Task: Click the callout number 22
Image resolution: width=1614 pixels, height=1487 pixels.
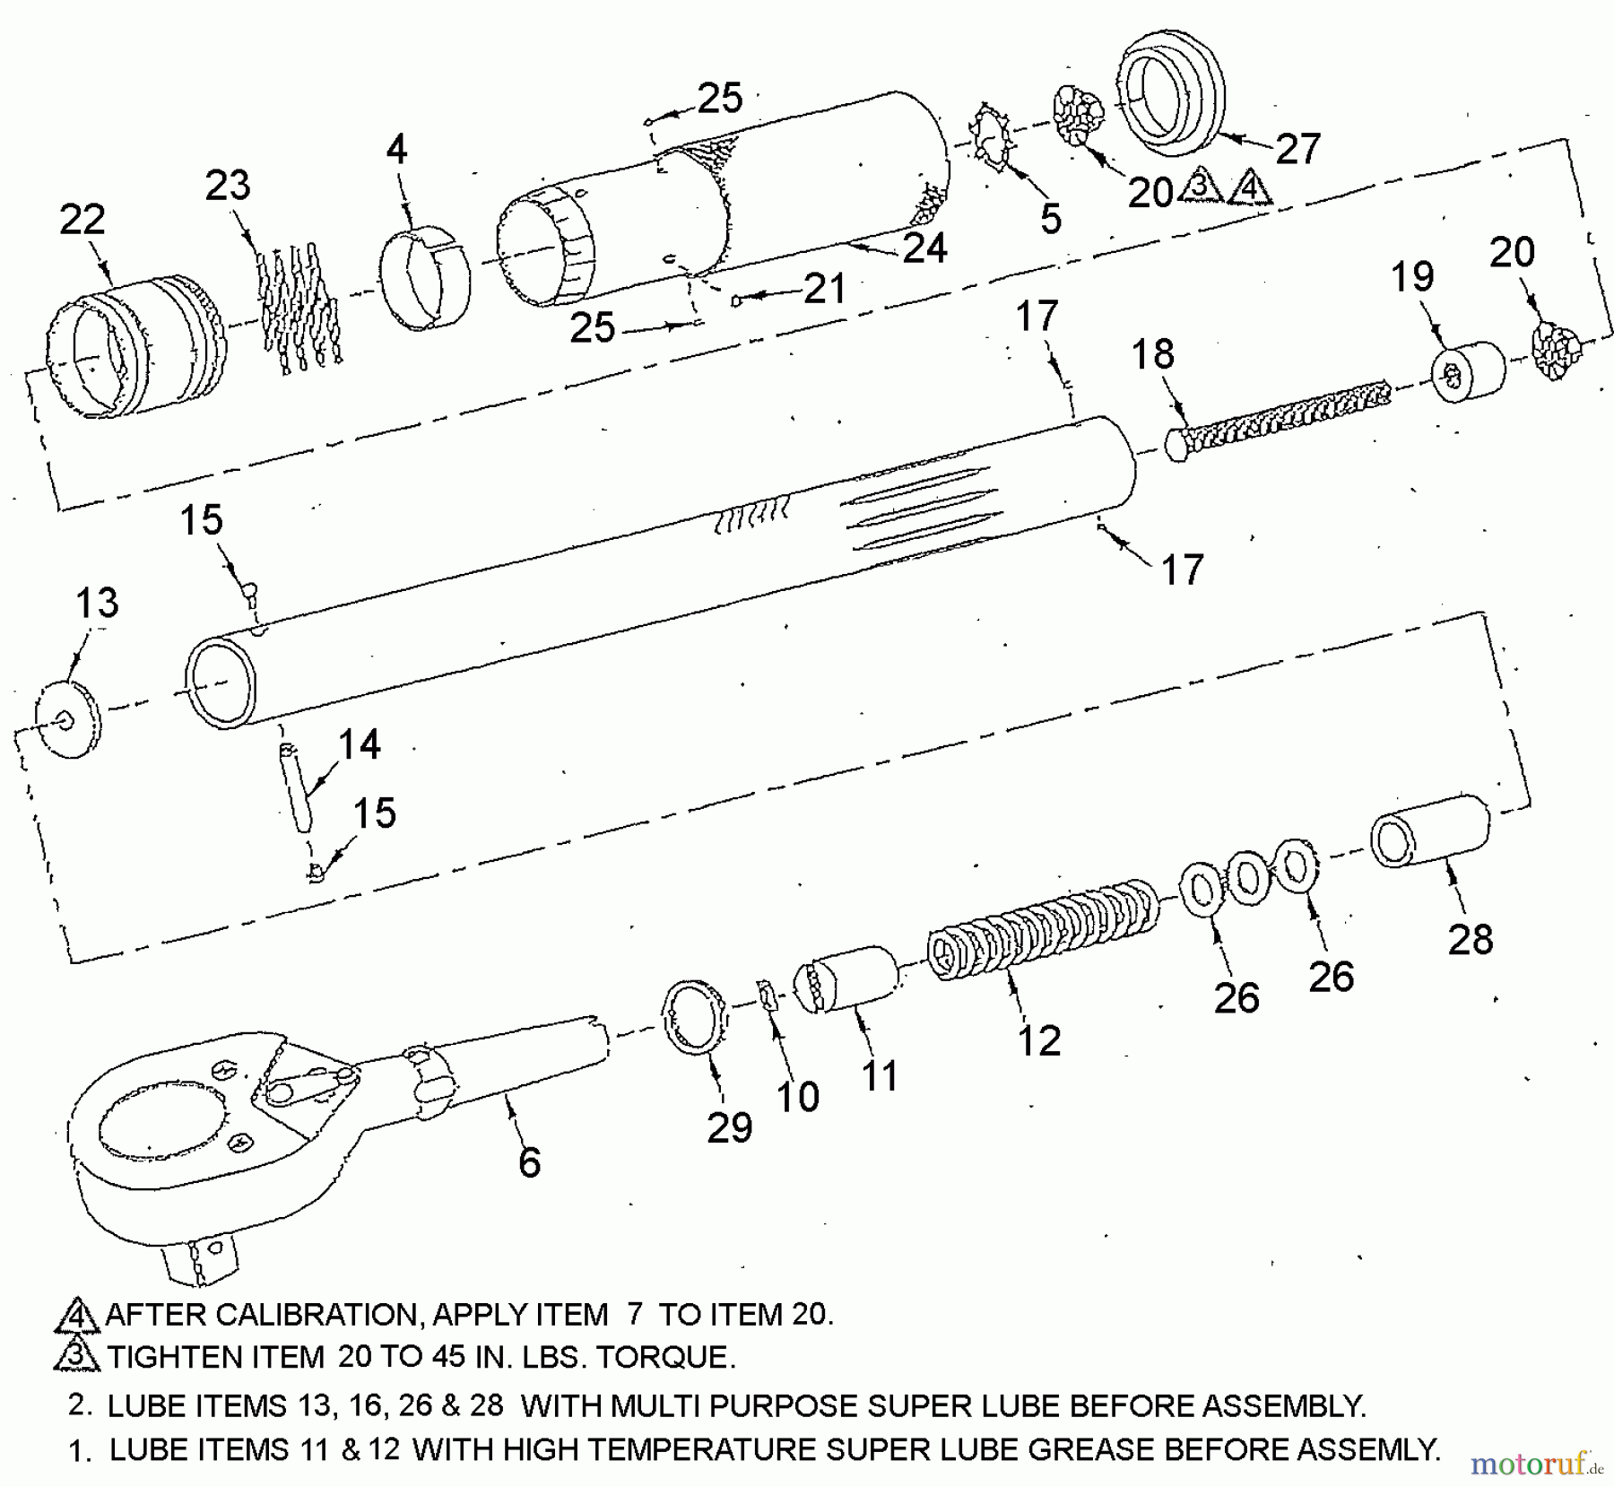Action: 82,220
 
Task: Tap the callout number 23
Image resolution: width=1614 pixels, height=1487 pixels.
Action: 228,186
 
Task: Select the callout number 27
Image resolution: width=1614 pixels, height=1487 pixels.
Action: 1298,149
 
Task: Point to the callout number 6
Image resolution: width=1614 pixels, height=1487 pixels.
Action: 530,1162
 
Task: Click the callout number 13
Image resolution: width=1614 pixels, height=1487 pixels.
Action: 97,603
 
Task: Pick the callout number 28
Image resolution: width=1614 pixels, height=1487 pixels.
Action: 1471,939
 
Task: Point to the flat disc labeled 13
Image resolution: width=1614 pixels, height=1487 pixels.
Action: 68,719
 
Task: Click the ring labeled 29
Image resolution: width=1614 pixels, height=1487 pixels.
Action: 696,1018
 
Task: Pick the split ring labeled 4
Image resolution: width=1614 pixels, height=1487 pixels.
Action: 425,279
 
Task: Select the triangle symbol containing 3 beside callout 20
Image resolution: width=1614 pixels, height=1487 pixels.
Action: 1200,187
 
